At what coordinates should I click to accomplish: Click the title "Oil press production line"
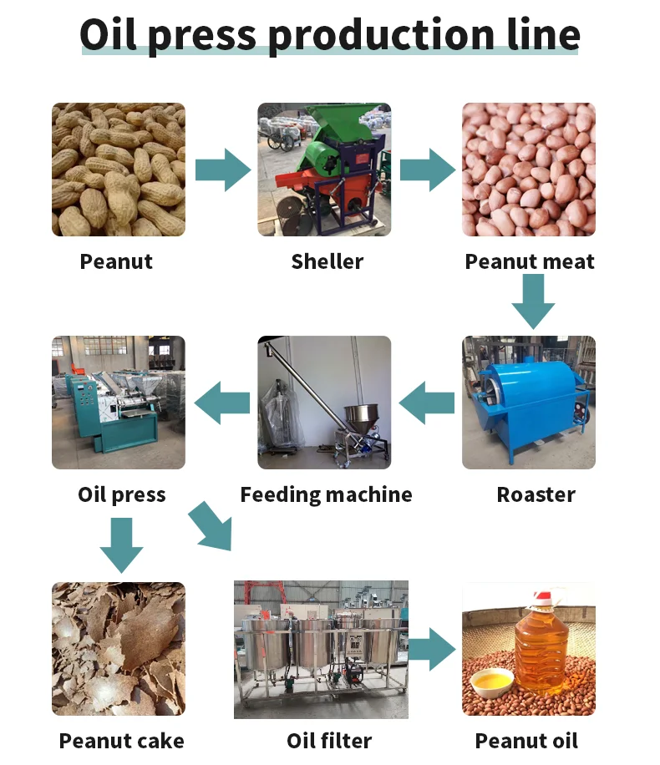329,34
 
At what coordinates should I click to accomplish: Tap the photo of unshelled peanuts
118,170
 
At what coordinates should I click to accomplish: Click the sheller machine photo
323,170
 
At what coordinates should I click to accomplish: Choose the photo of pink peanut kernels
528,170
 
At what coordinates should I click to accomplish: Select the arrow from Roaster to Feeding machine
427,403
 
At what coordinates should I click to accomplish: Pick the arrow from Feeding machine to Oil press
222,403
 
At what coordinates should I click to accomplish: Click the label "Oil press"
122,494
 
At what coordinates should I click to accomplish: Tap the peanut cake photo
118,649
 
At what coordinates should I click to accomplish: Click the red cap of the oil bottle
544,598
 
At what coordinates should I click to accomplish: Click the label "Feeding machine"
326,494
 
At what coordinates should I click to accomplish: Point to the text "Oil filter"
328,740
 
